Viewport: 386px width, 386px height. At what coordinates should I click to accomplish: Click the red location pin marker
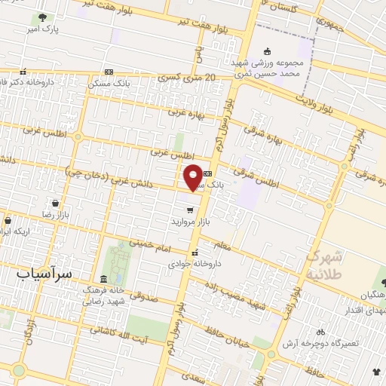(x=193, y=176)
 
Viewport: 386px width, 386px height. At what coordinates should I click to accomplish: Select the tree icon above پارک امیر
(x=41, y=17)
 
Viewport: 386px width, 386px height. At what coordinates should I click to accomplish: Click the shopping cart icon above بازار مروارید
(x=190, y=210)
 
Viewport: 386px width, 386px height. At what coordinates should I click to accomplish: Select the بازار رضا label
(x=55, y=215)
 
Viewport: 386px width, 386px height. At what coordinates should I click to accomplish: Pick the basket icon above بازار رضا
(x=55, y=203)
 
